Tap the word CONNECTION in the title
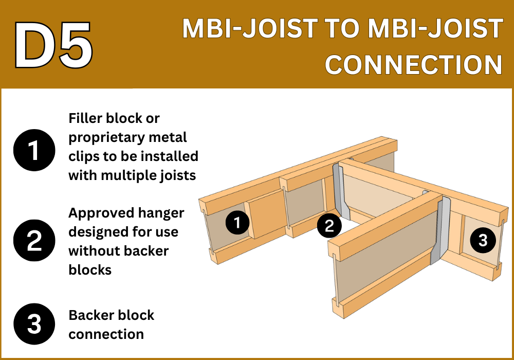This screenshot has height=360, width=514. (x=413, y=64)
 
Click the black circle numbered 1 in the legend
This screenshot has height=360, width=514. (x=34, y=150)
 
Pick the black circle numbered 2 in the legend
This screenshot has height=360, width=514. (x=34, y=240)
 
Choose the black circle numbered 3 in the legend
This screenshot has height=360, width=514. (x=34, y=324)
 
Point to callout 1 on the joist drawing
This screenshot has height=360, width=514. (x=237, y=223)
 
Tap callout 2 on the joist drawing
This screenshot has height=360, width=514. (x=329, y=226)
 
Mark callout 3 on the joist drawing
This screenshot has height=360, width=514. (x=483, y=240)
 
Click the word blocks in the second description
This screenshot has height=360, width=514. (x=90, y=270)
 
